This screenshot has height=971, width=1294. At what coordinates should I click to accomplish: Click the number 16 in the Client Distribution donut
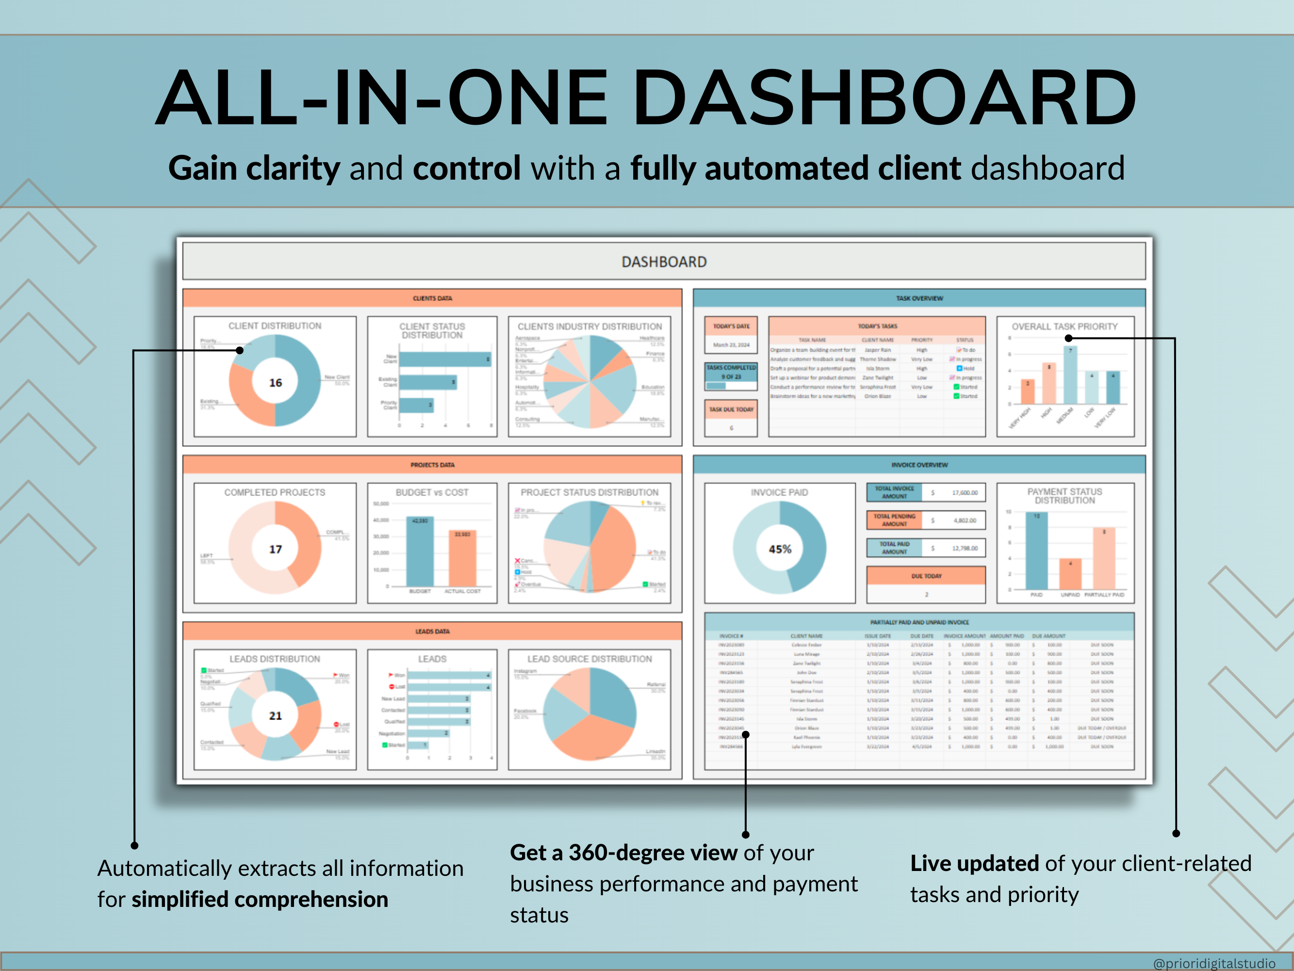[275, 383]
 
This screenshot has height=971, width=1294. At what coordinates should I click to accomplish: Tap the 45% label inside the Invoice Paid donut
[780, 549]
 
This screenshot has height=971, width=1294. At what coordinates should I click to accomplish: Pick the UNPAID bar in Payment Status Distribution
[1070, 574]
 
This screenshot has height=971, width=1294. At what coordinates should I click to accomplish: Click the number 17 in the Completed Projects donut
[275, 549]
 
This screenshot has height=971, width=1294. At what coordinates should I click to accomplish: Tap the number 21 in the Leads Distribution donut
[275, 716]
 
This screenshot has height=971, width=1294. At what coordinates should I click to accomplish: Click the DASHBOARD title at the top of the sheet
[664, 262]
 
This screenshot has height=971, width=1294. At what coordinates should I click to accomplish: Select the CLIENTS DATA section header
[432, 298]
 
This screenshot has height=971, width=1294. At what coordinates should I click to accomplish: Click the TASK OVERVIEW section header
[919, 298]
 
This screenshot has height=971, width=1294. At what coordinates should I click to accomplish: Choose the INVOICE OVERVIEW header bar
[919, 465]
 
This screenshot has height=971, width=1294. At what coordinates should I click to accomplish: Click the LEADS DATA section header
[432, 632]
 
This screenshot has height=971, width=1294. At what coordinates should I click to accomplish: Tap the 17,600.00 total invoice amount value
[965, 493]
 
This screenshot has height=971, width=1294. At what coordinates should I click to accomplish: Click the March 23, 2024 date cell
[731, 345]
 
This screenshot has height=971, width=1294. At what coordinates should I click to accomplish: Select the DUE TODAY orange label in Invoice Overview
[926, 576]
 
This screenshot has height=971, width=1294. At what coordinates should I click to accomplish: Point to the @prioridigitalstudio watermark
[1214, 963]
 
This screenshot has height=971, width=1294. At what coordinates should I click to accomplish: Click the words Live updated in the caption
[974, 864]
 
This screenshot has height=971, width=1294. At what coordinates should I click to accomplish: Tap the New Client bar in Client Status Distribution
[444, 359]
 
